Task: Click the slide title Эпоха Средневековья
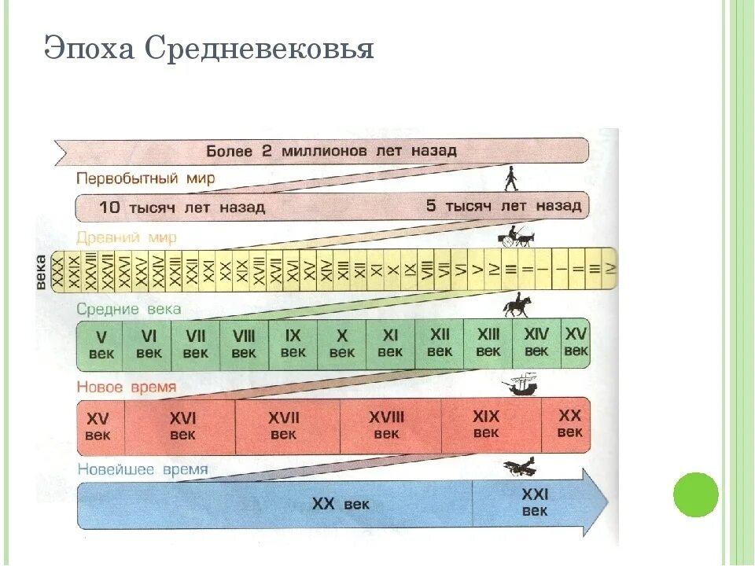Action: pos(208,50)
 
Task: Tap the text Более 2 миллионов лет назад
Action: pos(331,150)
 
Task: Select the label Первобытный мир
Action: pos(145,178)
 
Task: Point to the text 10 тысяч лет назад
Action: pos(182,208)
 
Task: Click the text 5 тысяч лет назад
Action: pos(503,206)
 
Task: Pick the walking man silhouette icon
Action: pos(510,178)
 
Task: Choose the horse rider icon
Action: pos(517,305)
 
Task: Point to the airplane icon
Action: pos(520,466)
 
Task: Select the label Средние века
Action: pos(129,309)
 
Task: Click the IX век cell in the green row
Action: pos(293,344)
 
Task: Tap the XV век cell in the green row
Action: pos(576,342)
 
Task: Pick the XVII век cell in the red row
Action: pos(284,425)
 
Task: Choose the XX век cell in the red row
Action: pos(569,424)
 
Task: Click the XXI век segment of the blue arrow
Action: pos(535,502)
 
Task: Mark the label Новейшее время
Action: pos(142,469)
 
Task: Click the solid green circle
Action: pos(696,494)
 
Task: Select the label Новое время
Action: pos(127,388)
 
